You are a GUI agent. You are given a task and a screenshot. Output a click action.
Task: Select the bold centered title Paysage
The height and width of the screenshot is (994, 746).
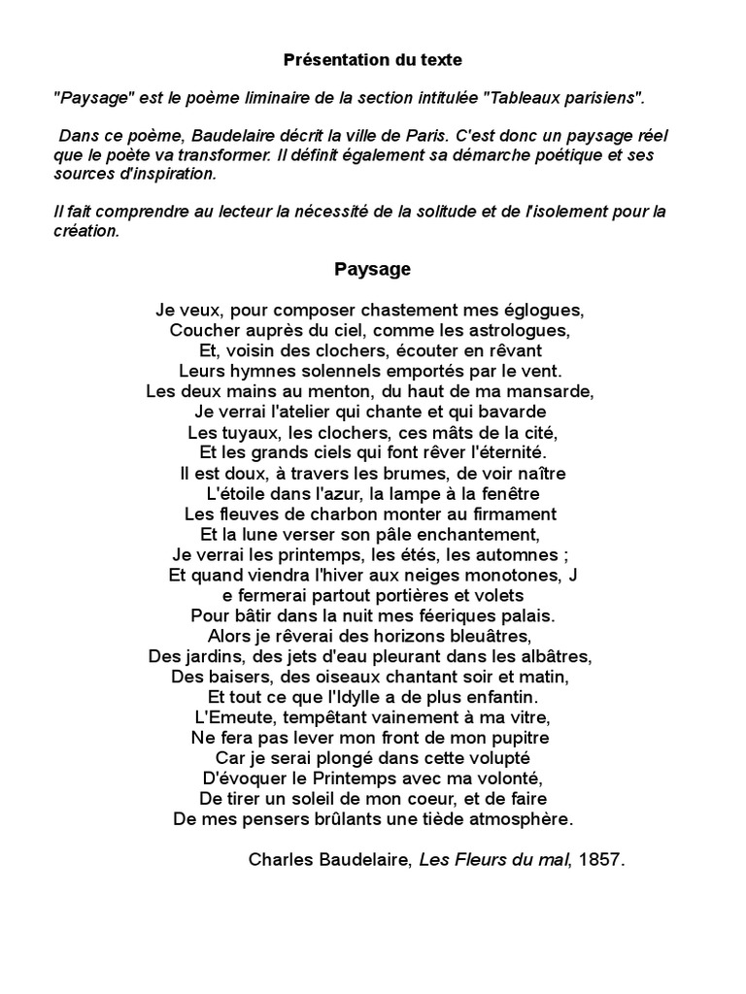click(x=372, y=270)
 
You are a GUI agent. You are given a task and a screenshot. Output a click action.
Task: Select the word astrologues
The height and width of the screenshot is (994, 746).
click(x=524, y=331)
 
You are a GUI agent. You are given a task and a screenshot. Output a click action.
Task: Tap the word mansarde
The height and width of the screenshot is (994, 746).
click(x=552, y=392)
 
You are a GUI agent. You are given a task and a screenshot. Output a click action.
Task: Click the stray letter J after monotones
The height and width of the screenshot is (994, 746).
click(x=573, y=575)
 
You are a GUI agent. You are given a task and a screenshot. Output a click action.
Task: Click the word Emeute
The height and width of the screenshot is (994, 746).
click(x=240, y=717)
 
